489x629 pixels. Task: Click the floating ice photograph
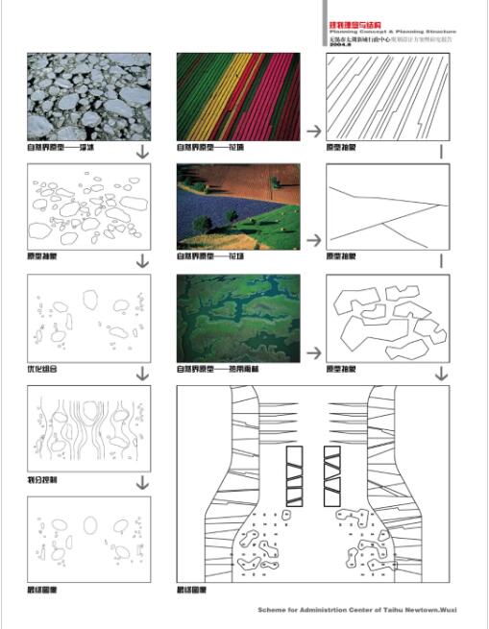(x=88, y=96)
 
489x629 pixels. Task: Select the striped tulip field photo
(x=237, y=96)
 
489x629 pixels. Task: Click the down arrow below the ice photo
(x=142, y=152)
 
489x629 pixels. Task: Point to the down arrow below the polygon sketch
(x=441, y=373)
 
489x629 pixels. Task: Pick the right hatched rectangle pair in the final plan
(x=334, y=475)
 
